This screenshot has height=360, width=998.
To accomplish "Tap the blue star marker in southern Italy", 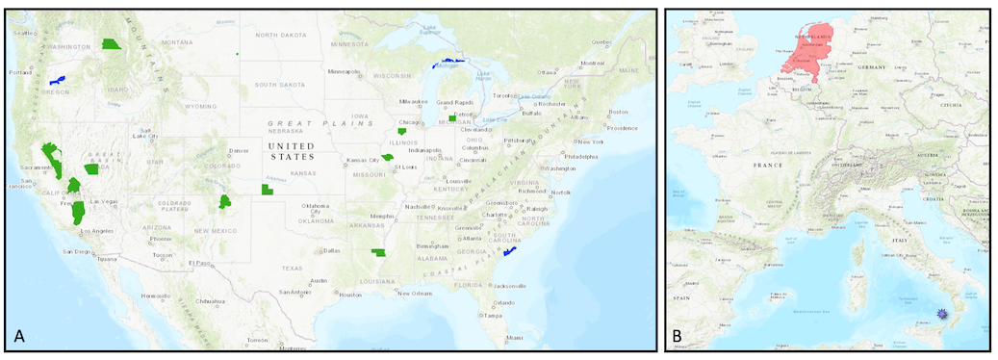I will click(943, 315).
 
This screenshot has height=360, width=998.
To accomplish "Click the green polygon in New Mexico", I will click(224, 202).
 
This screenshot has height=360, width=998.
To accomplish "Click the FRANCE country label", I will click(769, 166).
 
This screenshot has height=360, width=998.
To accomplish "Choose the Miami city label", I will click(518, 337).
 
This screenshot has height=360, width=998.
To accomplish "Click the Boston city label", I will click(617, 111).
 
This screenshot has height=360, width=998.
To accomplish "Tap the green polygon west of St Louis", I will click(388, 157).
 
